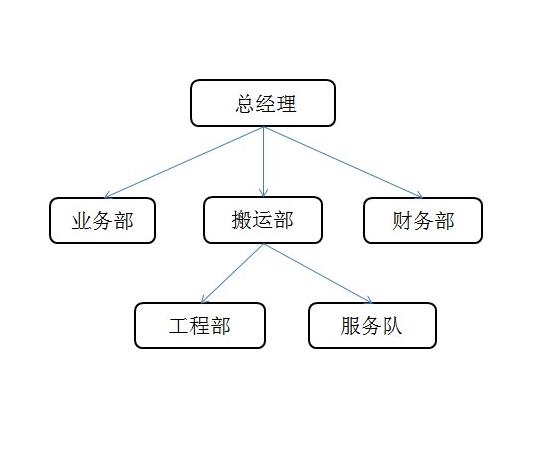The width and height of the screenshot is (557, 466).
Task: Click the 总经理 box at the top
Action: point(263,103)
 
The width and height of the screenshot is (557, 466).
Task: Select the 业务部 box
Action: point(102,221)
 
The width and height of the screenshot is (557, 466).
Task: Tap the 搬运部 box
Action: point(263,220)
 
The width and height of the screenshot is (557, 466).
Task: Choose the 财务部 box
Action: point(423,221)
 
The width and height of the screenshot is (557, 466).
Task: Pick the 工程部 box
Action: point(200,325)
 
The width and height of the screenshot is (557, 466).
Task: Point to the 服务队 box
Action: point(372,325)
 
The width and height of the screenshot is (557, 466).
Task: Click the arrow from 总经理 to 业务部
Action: point(184,162)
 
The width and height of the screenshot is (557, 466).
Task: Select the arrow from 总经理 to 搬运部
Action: point(263,162)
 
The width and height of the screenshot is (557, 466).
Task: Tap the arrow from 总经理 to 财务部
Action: point(343,162)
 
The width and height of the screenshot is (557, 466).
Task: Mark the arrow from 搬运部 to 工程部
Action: point(232,273)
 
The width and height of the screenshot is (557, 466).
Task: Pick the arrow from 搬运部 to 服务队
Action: point(318,273)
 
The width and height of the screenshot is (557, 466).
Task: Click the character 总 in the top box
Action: point(245,104)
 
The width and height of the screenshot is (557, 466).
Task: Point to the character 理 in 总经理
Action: point(286,104)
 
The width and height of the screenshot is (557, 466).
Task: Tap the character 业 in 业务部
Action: point(82,221)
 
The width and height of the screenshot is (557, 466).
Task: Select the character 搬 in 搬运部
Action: point(242,220)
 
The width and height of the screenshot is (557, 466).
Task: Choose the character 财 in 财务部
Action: point(402,221)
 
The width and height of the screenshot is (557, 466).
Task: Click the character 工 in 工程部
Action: point(179,326)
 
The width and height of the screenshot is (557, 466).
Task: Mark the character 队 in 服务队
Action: point(392,326)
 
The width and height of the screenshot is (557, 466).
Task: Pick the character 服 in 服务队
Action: point(351,326)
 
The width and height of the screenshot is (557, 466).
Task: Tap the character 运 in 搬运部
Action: point(262,220)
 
